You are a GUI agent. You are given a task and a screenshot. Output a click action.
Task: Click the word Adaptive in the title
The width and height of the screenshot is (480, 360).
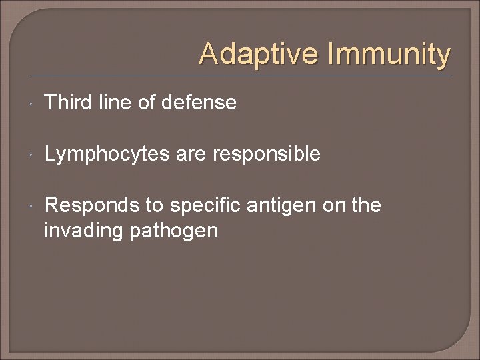(254, 53)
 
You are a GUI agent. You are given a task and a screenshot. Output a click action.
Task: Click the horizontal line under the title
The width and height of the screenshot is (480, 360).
(240, 75)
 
